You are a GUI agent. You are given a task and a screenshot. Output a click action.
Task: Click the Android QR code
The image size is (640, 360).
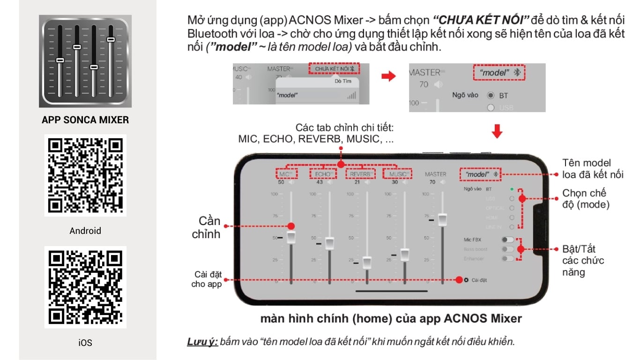[85, 175]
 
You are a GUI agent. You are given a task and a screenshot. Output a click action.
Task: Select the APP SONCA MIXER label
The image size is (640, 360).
[85, 120]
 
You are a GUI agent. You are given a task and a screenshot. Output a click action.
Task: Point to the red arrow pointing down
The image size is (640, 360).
[497, 132]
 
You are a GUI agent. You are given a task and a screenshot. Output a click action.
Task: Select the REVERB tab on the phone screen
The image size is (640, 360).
[360, 174]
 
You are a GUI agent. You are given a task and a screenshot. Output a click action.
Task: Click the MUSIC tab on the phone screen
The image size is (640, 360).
[397, 174]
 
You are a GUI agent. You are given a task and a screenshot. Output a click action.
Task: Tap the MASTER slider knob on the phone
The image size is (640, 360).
[442, 219]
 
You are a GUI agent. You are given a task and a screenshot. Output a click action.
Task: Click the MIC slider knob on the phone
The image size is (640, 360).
[291, 237]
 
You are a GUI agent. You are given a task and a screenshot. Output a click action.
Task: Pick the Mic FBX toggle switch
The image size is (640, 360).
[507, 240]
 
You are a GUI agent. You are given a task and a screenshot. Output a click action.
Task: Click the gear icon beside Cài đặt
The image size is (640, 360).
[466, 280]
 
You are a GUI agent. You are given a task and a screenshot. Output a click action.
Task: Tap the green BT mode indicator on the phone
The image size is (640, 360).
[512, 189]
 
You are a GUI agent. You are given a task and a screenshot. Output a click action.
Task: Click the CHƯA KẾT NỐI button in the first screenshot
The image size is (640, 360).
[334, 69]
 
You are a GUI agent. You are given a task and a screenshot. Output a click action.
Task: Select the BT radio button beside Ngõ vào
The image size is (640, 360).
[491, 95]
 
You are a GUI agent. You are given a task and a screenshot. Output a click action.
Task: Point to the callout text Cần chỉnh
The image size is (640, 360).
[206, 227]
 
